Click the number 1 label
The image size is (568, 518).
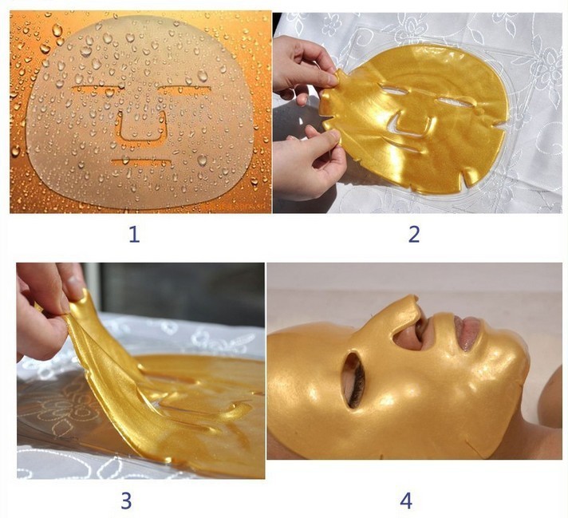pos(134,234)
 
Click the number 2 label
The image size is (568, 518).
pos(414,234)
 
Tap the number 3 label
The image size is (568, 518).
pos(126,500)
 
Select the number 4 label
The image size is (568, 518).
pos(406,500)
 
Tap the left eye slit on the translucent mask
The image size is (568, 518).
pos(95,87)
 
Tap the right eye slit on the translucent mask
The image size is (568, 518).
pos(185,88)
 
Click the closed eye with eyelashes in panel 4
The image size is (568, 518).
pos(356,380)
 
